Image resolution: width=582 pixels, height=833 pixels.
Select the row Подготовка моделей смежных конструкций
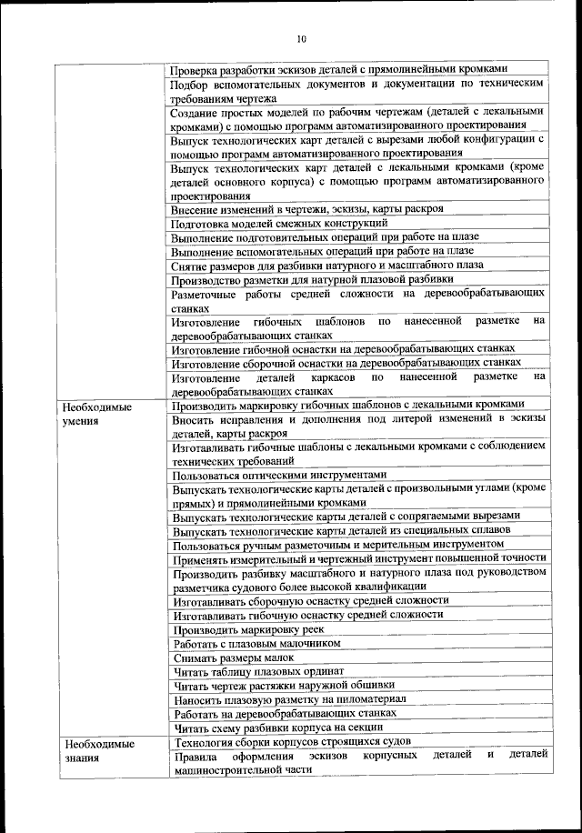280,223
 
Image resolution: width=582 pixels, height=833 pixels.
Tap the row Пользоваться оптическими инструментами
280,475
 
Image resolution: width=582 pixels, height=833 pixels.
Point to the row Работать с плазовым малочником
256,644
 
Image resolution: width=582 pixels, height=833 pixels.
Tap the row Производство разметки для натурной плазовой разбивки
312,279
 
